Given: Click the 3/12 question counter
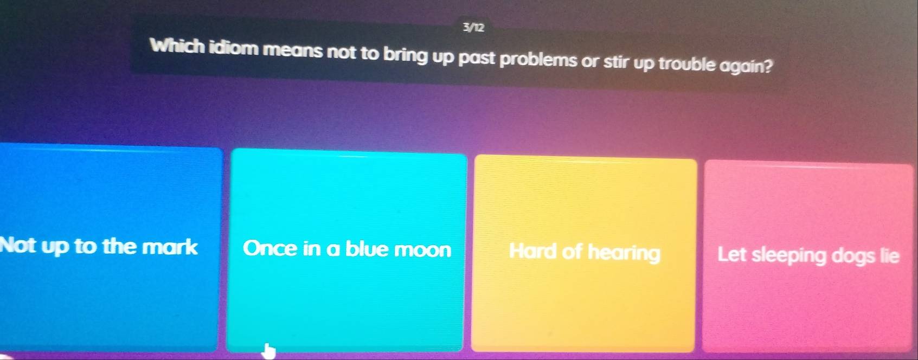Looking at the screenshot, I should pos(473,27).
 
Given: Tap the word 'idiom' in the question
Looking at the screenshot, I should pos(234,48).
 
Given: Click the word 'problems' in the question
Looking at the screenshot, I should pos(538,59).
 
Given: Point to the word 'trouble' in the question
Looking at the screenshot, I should pos(687,64).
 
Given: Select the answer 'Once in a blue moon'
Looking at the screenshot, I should pos(347,249).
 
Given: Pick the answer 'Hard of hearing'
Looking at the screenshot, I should pos(585,252).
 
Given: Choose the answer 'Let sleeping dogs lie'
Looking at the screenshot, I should pos(808,255).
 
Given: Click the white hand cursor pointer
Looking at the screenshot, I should pos(268,351).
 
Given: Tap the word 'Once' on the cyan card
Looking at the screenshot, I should pos(269,248).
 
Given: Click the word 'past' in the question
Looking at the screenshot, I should pos(477,57).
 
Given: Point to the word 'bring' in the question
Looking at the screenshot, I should pos(406,55).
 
